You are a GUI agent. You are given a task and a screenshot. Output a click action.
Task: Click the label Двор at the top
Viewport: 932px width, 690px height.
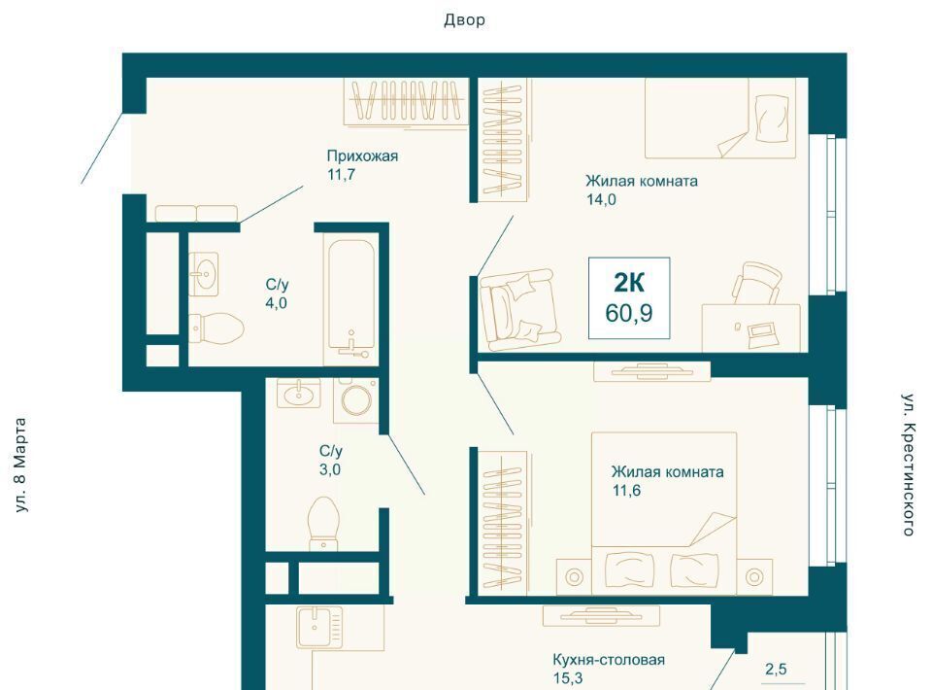pos(464,20)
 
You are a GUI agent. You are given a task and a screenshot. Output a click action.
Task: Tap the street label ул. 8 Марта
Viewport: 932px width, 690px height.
pos(20,466)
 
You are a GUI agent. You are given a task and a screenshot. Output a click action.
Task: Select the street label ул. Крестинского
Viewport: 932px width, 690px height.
pos(909,465)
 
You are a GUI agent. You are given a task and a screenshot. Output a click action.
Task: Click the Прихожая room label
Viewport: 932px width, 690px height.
pos(362,155)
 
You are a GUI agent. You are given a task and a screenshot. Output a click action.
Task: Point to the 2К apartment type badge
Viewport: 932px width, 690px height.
pos(629,283)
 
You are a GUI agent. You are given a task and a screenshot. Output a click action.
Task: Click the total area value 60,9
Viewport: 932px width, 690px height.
pos(629,313)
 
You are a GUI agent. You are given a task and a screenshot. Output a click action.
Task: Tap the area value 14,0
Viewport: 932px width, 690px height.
pos(601,200)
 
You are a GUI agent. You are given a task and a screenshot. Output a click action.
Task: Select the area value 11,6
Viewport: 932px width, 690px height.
pos(626,491)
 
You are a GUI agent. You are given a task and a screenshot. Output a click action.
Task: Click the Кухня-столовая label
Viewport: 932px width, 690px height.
pos(609,660)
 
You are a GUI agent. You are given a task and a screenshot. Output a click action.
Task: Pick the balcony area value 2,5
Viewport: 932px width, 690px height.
pos(776,670)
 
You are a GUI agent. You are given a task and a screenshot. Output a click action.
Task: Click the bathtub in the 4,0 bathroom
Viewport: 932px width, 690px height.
pos(351,298)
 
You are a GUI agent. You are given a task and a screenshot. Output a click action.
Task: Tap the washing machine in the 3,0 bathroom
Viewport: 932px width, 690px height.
pos(356,401)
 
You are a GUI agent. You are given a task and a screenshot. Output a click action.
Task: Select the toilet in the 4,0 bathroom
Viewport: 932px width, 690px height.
pos(216,328)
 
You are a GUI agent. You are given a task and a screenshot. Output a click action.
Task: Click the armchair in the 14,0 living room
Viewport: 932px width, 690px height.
pos(520,310)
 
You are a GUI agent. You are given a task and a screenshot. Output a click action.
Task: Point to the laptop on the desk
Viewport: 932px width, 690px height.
pos(761,330)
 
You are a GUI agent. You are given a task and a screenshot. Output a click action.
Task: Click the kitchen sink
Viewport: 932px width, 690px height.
pos(320,627)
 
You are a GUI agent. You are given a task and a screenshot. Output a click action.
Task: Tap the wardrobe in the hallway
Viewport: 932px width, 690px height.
pos(406,102)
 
